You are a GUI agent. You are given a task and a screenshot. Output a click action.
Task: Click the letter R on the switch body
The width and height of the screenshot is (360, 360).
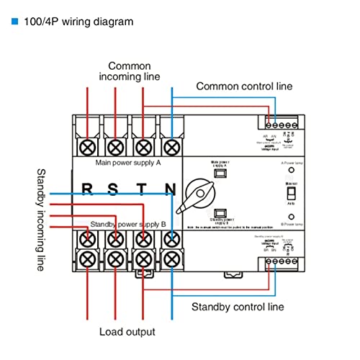pyautogui.click(x=87, y=191)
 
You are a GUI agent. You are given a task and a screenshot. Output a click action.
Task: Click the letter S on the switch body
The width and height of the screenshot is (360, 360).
pyautogui.click(x=114, y=191)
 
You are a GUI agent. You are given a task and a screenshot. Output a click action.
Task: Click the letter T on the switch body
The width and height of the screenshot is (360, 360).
pyautogui.click(x=142, y=191)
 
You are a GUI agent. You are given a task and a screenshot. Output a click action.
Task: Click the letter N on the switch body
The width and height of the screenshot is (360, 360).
pyautogui.click(x=170, y=191)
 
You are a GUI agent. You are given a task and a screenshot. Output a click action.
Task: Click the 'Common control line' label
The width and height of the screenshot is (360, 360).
pyautogui.click(x=244, y=86)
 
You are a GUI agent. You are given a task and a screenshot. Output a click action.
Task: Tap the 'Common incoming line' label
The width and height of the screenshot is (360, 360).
pyautogui.click(x=130, y=71)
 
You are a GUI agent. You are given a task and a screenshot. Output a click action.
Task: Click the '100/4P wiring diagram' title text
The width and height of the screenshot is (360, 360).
pyautogui.click(x=78, y=22)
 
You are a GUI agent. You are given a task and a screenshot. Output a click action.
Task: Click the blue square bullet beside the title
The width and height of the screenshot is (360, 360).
pyautogui.click(x=14, y=22)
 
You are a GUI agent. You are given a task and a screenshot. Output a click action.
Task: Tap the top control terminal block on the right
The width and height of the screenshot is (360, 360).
pyautogui.click(x=280, y=121)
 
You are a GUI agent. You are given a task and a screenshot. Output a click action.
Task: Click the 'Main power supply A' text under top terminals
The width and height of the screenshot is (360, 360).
pyautogui.click(x=127, y=163)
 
